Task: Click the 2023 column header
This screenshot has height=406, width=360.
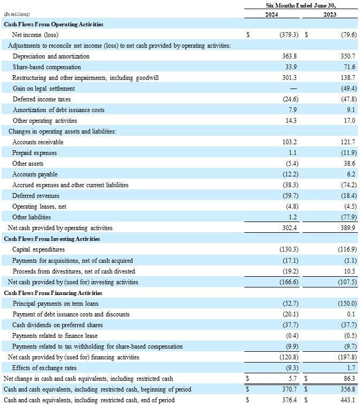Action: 330,14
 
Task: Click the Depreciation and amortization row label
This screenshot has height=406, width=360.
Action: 51,56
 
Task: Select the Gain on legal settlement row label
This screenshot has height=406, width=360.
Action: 43,88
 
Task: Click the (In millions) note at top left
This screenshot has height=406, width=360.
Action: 17,14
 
